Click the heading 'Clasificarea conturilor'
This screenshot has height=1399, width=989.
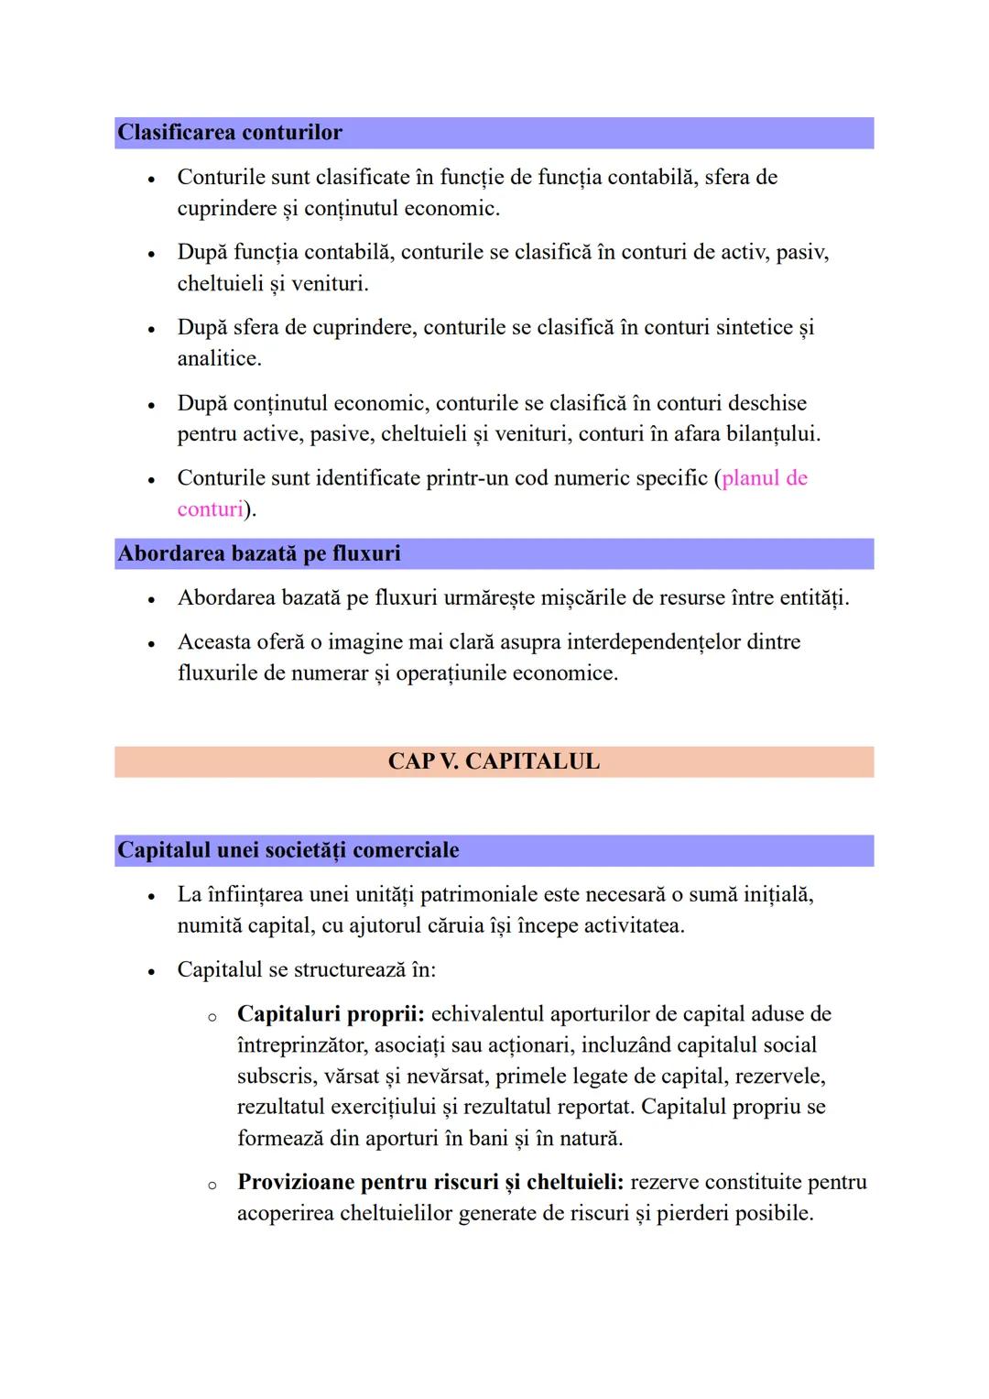(230, 133)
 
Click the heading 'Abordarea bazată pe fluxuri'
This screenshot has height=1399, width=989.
(259, 553)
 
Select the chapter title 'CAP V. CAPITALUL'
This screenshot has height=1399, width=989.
(494, 761)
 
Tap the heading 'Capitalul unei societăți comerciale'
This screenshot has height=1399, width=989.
(288, 850)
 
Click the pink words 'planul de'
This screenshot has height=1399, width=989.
(765, 478)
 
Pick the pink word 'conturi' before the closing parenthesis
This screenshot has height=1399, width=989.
(210, 509)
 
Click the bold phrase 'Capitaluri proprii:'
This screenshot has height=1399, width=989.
(331, 1014)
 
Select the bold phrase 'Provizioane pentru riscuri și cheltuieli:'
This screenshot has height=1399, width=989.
(430, 1182)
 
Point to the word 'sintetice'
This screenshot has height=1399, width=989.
(754, 328)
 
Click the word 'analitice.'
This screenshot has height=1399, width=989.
(219, 359)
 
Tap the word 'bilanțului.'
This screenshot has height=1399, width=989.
(773, 434)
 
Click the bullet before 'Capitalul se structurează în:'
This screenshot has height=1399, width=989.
(151, 970)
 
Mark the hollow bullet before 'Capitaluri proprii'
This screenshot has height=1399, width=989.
(212, 1016)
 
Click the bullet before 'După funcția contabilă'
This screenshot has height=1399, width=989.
(151, 254)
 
